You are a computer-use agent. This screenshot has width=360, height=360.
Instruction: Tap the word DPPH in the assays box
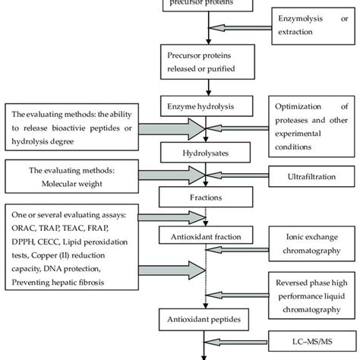point(24,248)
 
